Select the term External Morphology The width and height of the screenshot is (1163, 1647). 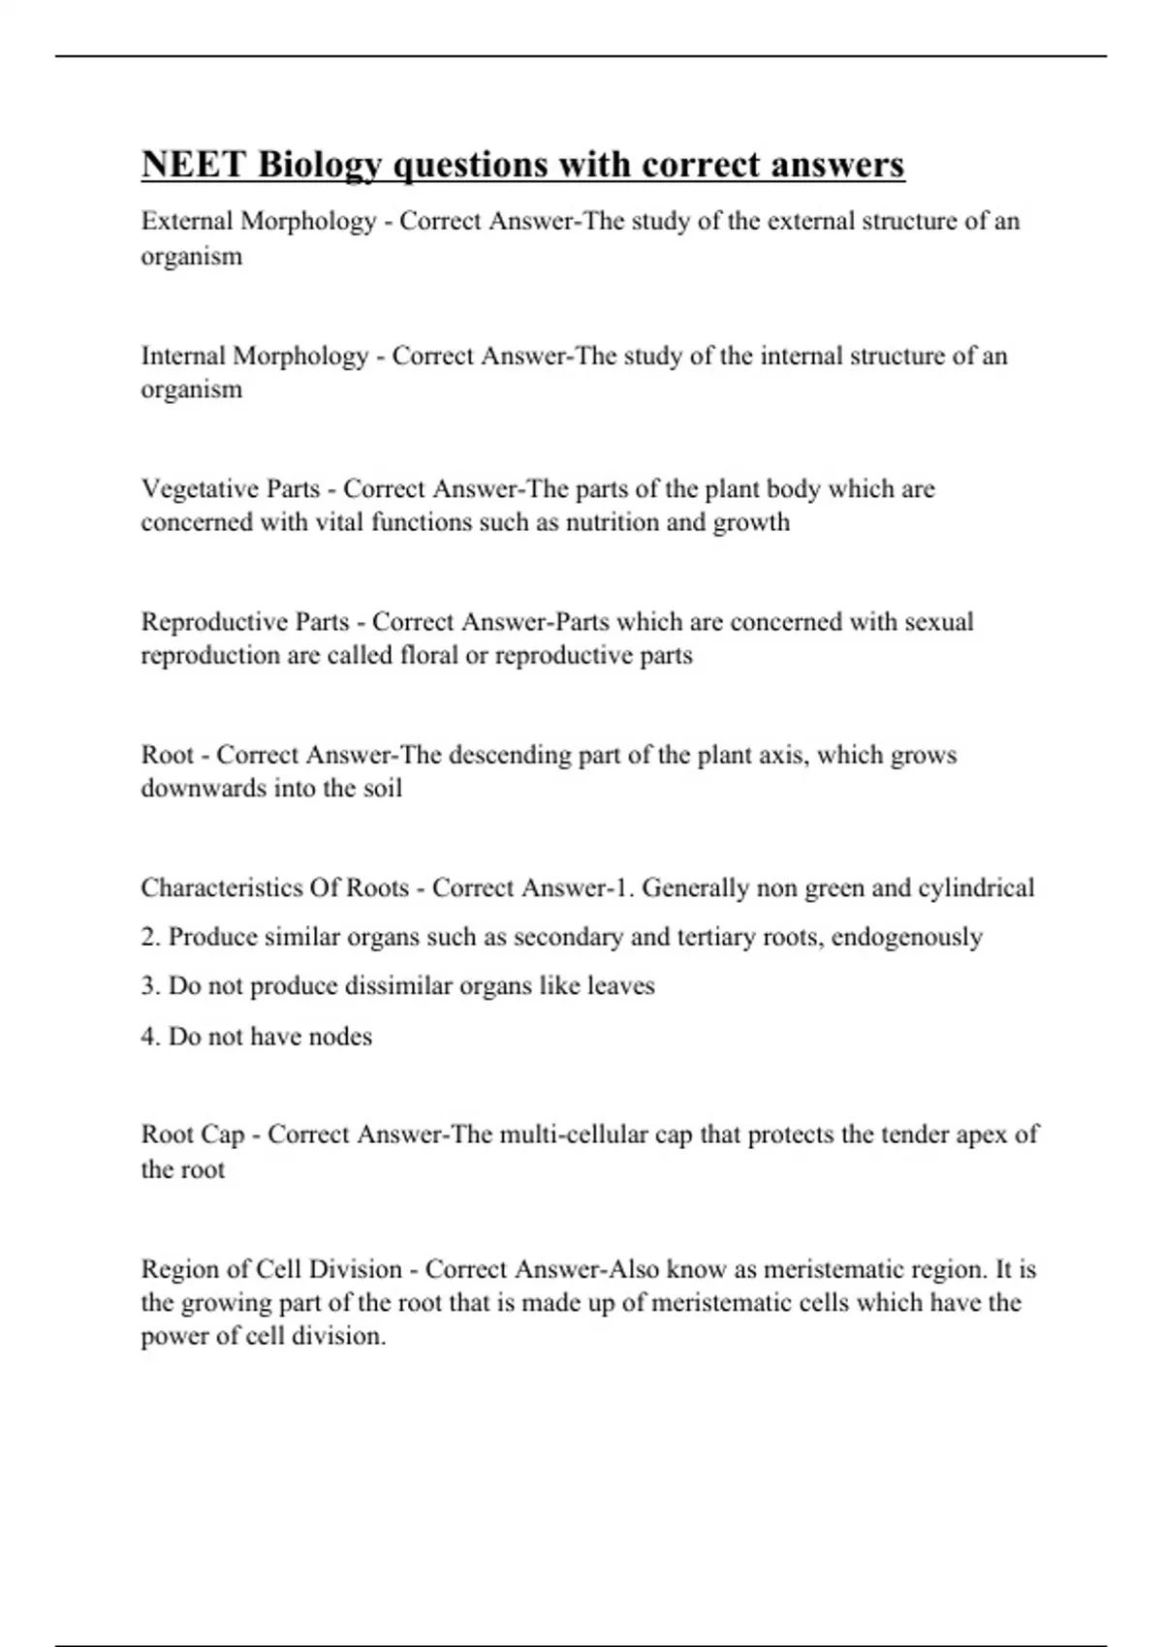point(258,222)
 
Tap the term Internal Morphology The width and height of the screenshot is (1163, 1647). point(254,357)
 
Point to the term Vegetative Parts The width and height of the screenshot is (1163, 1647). point(231,489)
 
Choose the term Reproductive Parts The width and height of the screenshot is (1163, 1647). point(244,622)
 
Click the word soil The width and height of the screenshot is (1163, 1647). point(382,789)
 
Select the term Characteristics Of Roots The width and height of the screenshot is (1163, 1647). point(274,888)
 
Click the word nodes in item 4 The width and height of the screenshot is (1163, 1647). point(338,1037)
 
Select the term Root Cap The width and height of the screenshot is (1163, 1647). point(192,1134)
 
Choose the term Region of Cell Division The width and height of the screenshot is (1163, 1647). point(271,1269)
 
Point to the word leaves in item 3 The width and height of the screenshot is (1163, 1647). point(621,987)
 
